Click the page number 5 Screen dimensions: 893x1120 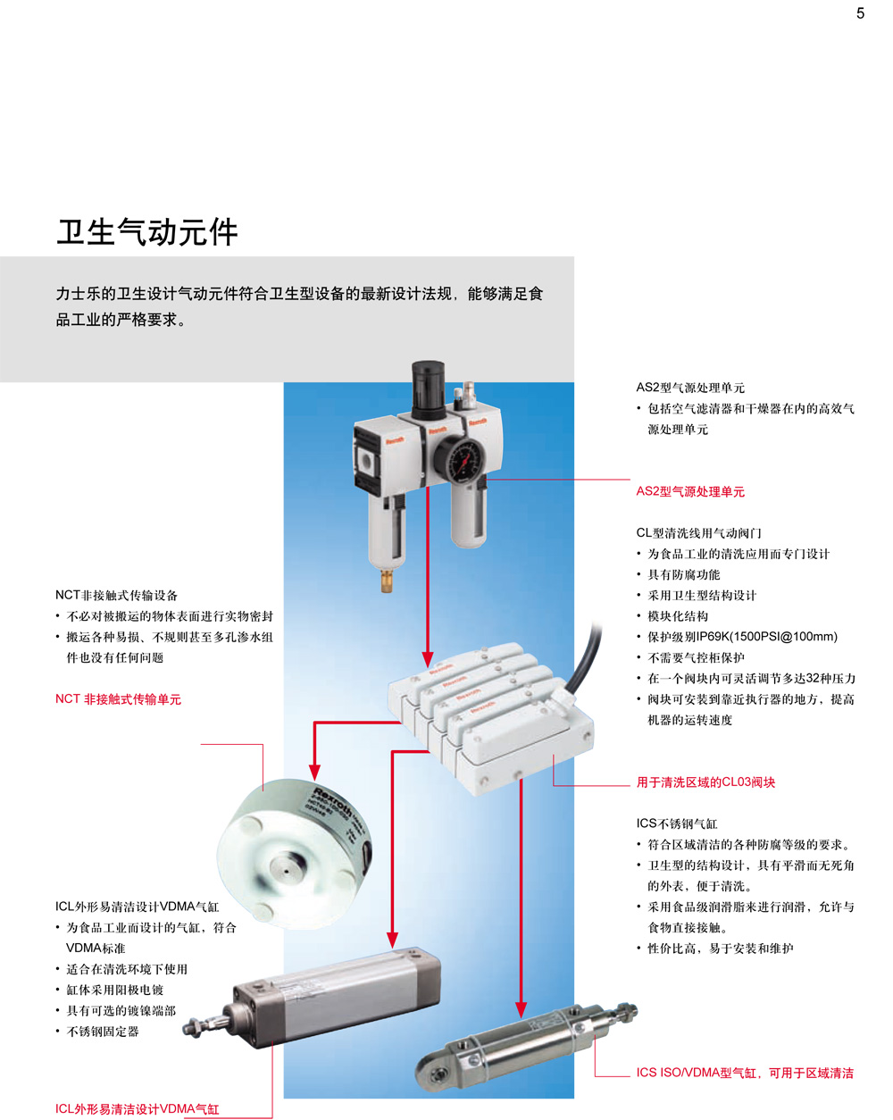tap(860, 13)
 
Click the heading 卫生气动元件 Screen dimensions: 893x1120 tap(147, 231)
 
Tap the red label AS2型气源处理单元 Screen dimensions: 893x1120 tap(690, 491)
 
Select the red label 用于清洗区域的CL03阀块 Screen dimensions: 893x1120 tap(705, 781)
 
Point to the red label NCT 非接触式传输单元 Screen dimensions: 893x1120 tap(118, 699)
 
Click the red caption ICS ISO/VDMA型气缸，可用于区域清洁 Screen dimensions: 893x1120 tap(745, 1073)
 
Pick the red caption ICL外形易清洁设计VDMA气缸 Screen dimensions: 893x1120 tap(138, 1109)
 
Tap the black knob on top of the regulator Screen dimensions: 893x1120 tap(428, 388)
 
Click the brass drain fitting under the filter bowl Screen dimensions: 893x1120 tap(387, 581)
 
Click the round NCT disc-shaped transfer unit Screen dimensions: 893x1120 tap(295, 855)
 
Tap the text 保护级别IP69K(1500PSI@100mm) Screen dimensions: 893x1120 tap(743, 637)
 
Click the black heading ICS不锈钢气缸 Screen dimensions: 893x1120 tap(677, 823)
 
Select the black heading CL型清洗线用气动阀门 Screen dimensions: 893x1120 tap(699, 533)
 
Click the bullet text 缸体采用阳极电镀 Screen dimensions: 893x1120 tap(115, 990)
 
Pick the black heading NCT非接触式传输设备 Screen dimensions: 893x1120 tap(117, 595)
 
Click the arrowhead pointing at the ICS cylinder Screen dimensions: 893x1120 tap(521, 1009)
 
